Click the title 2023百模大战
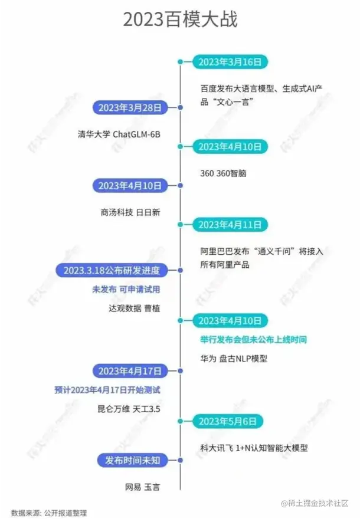[x=180, y=19]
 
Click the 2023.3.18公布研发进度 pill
[x=116, y=270]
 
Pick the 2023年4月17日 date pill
[x=130, y=371]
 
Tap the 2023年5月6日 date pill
[x=228, y=421]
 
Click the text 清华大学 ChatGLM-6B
[x=119, y=133]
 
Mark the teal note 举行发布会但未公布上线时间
[x=253, y=340]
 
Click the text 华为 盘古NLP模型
[x=237, y=358]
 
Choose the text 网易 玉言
[x=143, y=487]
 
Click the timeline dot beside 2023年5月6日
[x=180, y=421]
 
